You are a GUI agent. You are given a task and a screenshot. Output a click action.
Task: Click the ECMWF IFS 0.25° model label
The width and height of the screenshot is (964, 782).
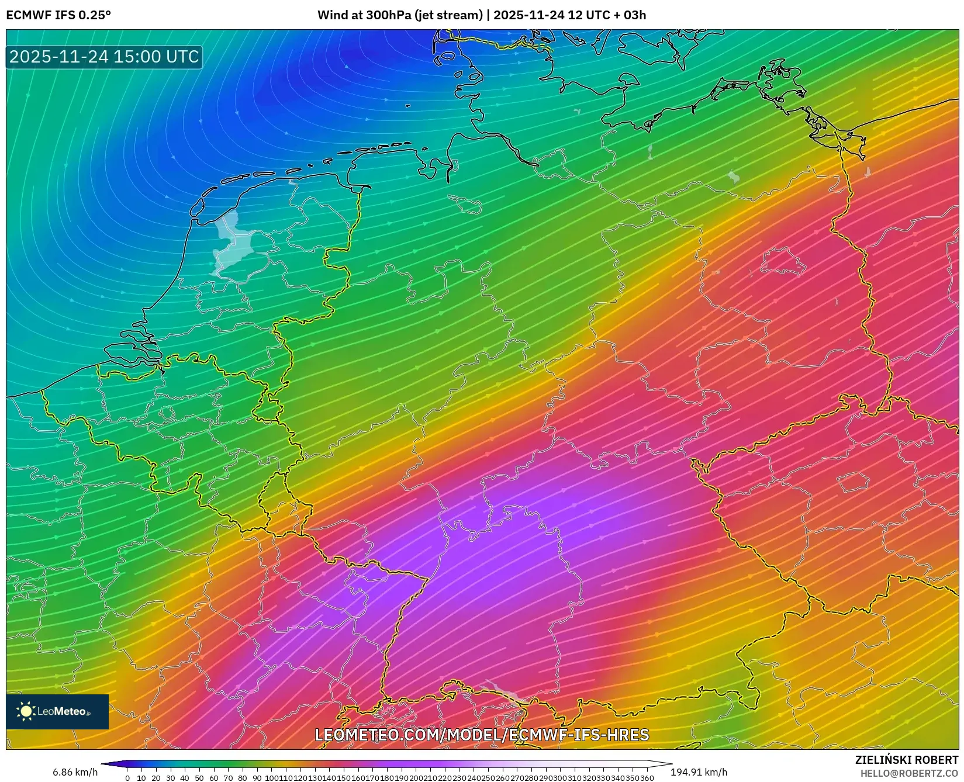(58, 15)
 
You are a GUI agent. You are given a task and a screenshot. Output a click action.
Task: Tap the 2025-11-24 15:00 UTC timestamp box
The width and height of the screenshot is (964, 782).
(104, 57)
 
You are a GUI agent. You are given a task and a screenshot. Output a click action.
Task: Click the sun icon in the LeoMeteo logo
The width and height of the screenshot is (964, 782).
(26, 711)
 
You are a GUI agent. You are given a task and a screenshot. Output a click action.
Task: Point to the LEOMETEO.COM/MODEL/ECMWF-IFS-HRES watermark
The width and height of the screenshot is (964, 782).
(482, 735)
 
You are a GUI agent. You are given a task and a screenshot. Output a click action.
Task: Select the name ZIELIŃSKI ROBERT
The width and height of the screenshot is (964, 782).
(907, 760)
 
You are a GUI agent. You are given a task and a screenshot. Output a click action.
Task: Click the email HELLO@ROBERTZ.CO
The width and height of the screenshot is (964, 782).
(909, 773)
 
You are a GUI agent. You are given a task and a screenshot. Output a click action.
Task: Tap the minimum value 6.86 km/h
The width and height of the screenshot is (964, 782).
(75, 772)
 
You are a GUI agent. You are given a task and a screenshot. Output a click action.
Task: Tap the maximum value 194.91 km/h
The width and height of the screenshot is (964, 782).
(699, 772)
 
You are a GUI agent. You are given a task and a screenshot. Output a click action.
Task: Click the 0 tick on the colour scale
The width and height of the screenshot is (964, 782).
(127, 778)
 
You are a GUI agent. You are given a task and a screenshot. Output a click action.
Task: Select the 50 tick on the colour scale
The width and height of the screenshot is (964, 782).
(199, 778)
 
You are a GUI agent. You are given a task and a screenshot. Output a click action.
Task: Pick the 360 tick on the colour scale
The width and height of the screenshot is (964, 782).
(647, 778)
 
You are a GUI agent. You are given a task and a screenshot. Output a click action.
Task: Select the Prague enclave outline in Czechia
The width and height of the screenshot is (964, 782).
(852, 483)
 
